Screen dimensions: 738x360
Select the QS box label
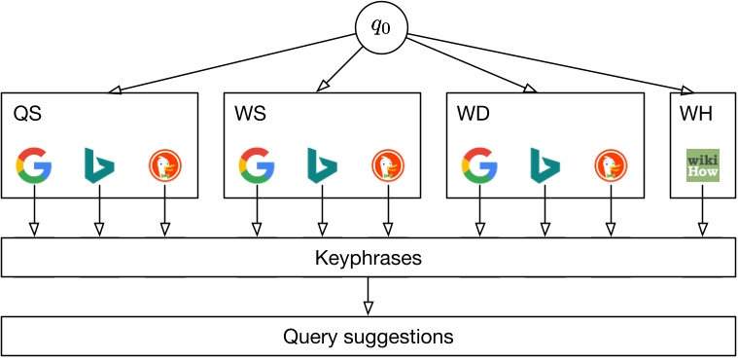pos(27,115)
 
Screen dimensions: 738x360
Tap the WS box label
pos(250,115)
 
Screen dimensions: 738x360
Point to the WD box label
pos(474,115)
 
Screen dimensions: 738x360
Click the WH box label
pos(695,115)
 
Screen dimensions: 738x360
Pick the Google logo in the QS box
pos(34,165)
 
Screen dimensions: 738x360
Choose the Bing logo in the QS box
pos(99,165)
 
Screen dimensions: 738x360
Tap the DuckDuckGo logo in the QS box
pos(165,165)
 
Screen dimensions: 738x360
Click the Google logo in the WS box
pos(257,165)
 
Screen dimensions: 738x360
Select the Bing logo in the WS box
pos(323,165)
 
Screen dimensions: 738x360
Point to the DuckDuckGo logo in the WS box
pos(388,165)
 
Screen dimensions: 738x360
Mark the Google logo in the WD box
pos(479,165)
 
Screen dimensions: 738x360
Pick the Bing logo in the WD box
pos(545,165)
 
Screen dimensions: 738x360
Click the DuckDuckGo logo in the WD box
pos(611,165)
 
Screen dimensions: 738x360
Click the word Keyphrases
pos(369,259)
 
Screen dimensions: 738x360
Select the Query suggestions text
pos(369,337)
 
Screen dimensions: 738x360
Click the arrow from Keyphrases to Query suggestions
pos(369,296)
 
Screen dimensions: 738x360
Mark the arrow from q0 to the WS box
pos(340,68)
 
